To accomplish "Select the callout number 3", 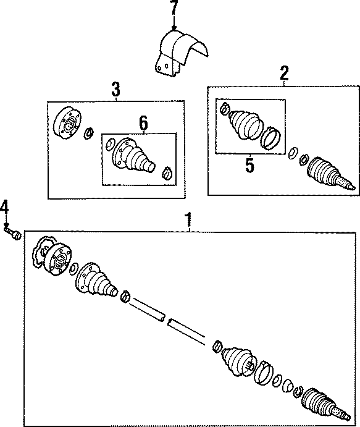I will [x=115, y=90].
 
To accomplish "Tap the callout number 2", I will [x=284, y=74].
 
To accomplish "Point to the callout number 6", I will [x=143, y=124].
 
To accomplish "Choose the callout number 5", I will [x=250, y=165].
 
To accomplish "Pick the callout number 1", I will [x=189, y=220].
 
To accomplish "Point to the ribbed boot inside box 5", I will [x=243, y=126].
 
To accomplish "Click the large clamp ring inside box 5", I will [x=272, y=138].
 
